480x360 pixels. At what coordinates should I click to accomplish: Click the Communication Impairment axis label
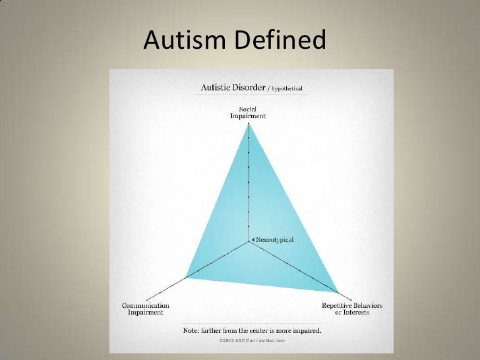(146, 309)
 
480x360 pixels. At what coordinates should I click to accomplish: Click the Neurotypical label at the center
(272, 237)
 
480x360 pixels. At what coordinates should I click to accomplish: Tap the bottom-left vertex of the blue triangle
(186, 277)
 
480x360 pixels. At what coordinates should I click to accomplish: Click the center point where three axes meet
(249, 241)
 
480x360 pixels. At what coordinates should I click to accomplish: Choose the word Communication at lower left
(146, 306)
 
